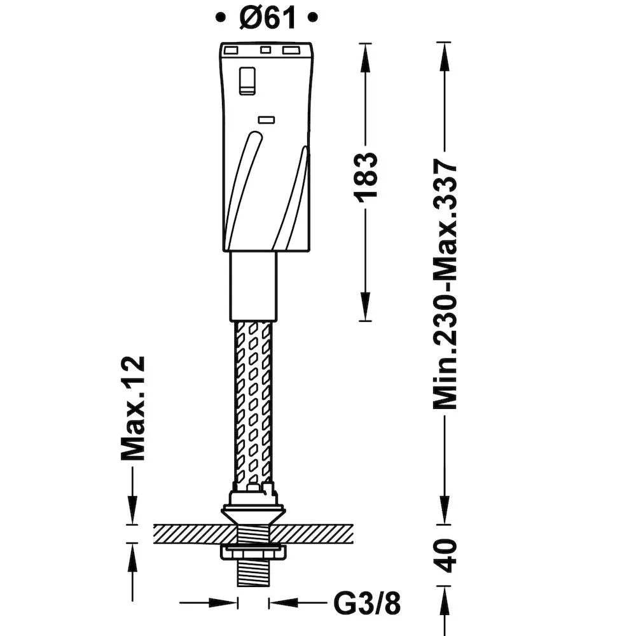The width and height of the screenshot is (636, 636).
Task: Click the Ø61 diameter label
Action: [x=267, y=18]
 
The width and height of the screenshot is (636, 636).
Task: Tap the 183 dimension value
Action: [x=366, y=175]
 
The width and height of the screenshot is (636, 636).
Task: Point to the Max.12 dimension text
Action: [x=133, y=408]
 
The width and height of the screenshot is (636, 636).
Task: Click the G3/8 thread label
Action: [x=367, y=603]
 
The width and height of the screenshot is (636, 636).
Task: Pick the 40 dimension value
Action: [x=446, y=555]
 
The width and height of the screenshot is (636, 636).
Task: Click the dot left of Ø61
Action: [x=220, y=17]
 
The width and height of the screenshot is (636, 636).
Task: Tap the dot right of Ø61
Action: [x=312, y=17]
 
